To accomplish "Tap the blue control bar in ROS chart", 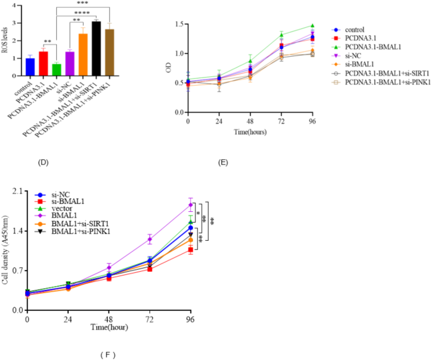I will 30,67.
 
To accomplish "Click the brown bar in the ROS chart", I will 109,52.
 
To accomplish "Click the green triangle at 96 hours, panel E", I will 312,26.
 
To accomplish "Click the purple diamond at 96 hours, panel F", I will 190,205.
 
